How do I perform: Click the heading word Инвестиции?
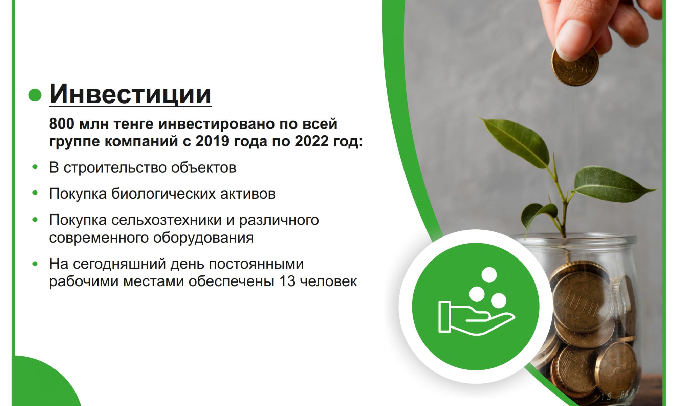[130, 94]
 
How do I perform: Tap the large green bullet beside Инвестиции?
[35, 95]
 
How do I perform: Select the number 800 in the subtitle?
[61, 124]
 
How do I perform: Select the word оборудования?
[203, 238]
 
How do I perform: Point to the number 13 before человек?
[287, 281]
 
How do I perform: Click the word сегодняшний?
[119, 264]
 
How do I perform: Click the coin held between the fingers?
[575, 66]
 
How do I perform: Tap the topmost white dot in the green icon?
[489, 275]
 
